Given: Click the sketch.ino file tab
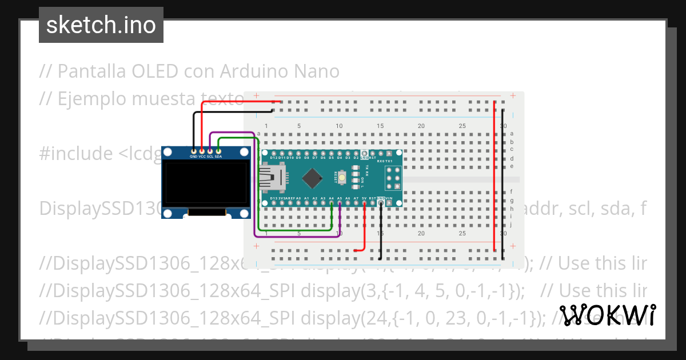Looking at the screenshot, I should pyautogui.click(x=101, y=25).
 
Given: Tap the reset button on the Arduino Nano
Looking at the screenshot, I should pyautogui.click(x=342, y=178).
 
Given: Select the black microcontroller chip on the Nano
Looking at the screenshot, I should pyautogui.click(x=312, y=179).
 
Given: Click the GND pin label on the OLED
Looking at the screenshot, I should pyautogui.click(x=194, y=156).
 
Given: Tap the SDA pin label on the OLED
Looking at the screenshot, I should pyautogui.click(x=218, y=156).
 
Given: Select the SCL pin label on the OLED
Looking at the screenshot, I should pyautogui.click(x=210, y=156).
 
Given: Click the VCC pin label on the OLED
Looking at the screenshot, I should pyautogui.click(x=202, y=156).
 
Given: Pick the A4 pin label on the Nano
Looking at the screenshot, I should pyautogui.click(x=332, y=198).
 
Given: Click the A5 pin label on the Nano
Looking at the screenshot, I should pyautogui.click(x=340, y=198).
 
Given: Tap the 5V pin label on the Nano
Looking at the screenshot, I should pyautogui.click(x=364, y=198).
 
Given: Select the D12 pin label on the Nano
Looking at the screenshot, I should pyautogui.click(x=273, y=157).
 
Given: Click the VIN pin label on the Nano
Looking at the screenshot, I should pyautogui.click(x=389, y=198).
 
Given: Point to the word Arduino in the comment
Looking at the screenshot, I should pyautogui.click(x=249, y=71).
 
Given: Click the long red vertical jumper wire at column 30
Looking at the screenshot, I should pyautogui.click(x=494, y=171).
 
